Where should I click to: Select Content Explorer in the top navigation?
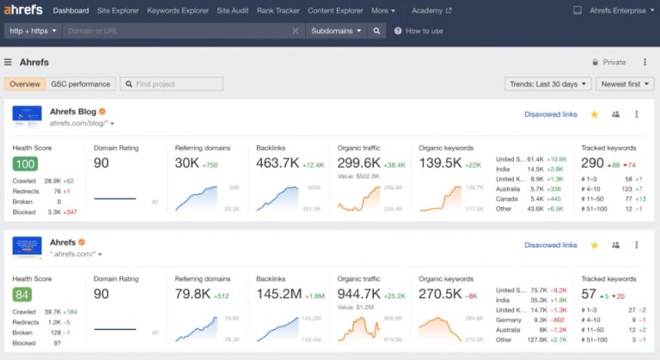(335, 11)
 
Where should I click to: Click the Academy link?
(431, 11)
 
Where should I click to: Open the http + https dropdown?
(32, 31)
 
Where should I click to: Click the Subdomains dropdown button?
(336, 31)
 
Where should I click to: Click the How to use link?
(419, 31)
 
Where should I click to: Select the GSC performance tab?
(81, 84)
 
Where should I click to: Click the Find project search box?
(172, 84)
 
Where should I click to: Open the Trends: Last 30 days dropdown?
(547, 84)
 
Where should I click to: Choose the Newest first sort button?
(626, 84)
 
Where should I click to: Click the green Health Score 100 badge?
(25, 164)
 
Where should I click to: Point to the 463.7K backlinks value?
(277, 163)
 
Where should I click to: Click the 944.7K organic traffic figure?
(358, 295)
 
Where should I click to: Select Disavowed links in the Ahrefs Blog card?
(551, 114)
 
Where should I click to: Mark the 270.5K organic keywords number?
(440, 295)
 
